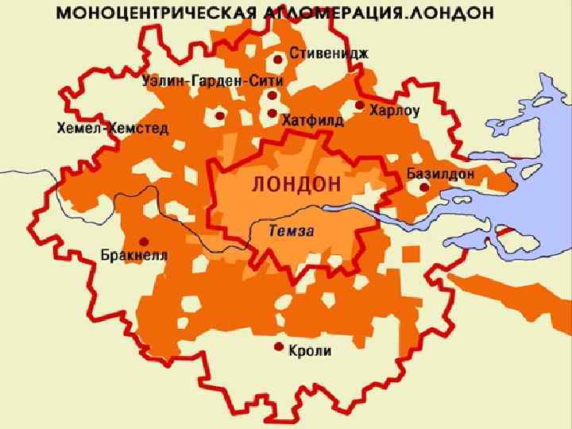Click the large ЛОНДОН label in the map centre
coord(296,184)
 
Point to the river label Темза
coord(292,231)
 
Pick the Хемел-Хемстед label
coord(113,128)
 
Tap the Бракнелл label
coord(134,255)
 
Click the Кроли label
coord(311,350)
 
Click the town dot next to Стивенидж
coord(277,59)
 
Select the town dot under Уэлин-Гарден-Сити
coord(272,95)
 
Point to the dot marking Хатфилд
coord(272,114)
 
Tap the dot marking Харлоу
coord(359,105)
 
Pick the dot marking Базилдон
coord(424,187)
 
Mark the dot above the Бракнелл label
coord(143,242)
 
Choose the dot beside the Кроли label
coord(278,347)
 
